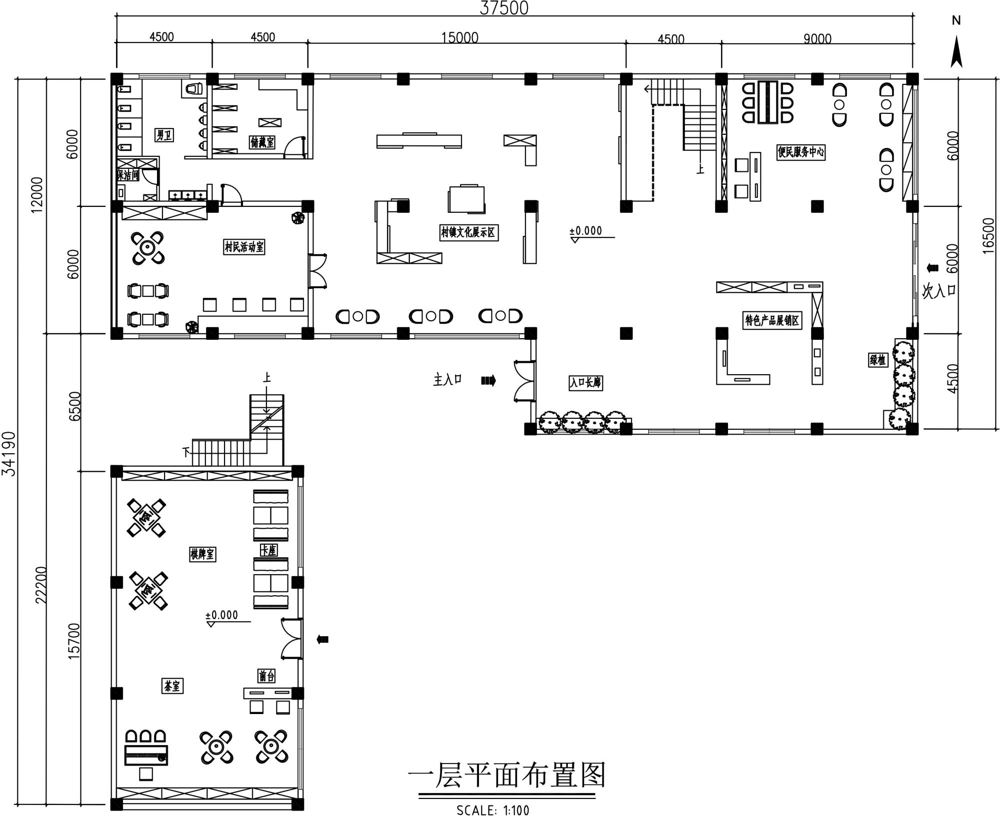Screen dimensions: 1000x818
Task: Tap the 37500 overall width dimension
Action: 504,8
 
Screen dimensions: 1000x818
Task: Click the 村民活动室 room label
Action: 244,247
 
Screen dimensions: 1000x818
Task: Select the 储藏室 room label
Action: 262,142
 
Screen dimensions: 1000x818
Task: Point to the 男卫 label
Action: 164,134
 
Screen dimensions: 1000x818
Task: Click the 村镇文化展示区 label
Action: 469,232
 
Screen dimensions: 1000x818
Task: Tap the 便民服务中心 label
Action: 800,152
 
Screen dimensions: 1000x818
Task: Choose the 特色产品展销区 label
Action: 772,320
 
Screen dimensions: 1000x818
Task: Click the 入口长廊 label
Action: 585,383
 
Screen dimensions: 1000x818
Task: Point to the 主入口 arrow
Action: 488,381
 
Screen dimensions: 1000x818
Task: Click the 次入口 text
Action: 938,291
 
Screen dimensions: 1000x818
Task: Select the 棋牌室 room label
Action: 202,554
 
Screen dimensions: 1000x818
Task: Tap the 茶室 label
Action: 172,686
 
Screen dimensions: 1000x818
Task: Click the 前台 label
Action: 266,676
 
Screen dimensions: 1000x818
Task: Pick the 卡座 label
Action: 268,550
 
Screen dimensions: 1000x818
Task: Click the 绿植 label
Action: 877,360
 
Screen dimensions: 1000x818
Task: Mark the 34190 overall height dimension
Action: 9,454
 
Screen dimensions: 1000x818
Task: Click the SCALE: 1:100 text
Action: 492,810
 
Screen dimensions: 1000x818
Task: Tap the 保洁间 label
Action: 128,175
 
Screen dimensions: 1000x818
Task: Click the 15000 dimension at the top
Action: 459,38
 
